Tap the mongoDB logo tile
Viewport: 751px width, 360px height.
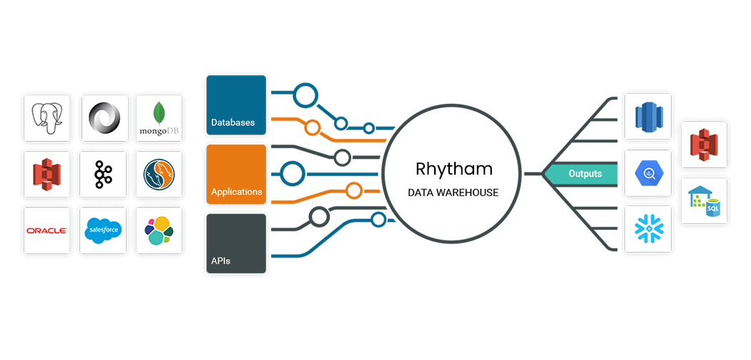[x=159, y=118]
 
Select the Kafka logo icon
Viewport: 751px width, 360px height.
[x=103, y=175]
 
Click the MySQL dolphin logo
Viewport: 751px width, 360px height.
[x=159, y=175]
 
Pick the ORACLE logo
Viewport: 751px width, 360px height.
[x=46, y=230]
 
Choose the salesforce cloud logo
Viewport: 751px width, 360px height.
[x=103, y=230]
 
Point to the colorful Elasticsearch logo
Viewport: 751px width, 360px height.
[x=159, y=230]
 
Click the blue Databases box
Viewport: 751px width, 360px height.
[x=236, y=105]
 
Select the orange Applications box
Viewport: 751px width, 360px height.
[x=236, y=175]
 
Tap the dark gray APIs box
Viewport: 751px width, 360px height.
[x=236, y=243]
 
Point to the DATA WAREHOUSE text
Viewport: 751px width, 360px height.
[x=453, y=193]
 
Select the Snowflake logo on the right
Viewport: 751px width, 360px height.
[x=648, y=229]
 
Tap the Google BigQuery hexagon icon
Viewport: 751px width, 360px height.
[x=648, y=173]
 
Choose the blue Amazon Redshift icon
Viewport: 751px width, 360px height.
[x=648, y=116]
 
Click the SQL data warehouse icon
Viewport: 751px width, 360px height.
[x=704, y=200]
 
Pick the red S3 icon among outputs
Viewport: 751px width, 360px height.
[x=704, y=145]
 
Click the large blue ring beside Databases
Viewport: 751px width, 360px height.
[x=305, y=95]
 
